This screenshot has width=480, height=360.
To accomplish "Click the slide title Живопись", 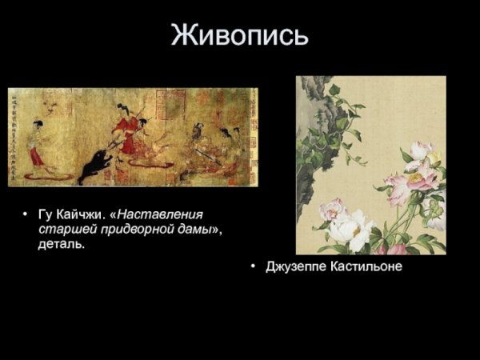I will (239, 36).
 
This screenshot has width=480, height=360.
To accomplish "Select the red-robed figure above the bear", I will (127, 128).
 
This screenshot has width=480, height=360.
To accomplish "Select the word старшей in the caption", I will (63, 230).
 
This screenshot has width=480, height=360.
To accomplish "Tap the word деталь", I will (61, 244).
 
